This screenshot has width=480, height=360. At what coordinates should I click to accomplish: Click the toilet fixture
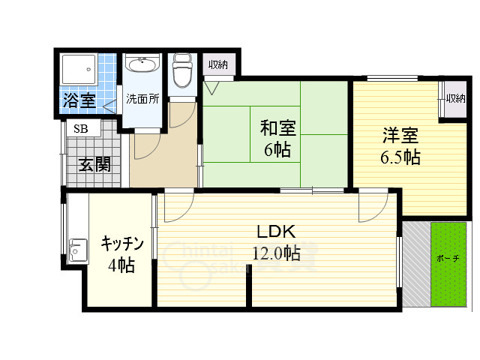[181, 72]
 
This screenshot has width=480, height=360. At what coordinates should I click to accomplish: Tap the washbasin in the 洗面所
[142, 65]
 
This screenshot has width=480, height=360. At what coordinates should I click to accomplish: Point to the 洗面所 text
[142, 98]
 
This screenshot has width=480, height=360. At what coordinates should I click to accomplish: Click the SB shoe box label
[80, 128]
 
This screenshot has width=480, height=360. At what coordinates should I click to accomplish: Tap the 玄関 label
[95, 163]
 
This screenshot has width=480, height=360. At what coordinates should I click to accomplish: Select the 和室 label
[277, 128]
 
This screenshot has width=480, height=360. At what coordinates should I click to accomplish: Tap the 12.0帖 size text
[277, 253]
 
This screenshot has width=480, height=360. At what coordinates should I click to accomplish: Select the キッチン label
[121, 243]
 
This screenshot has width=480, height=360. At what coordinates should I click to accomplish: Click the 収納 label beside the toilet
[218, 64]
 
